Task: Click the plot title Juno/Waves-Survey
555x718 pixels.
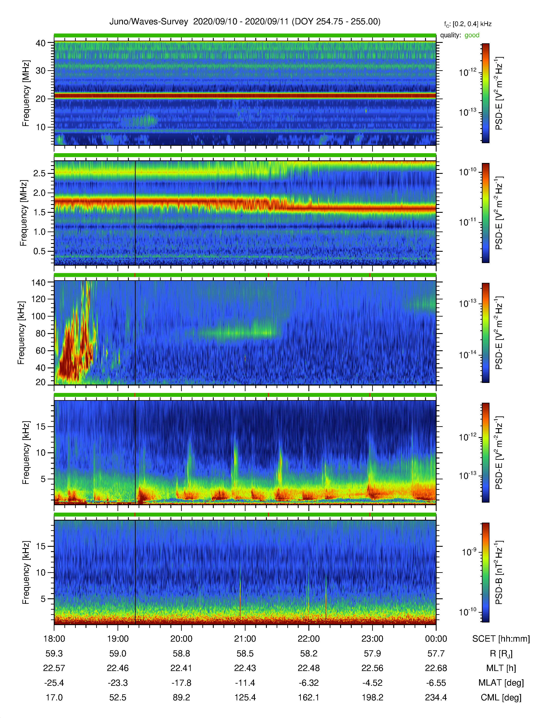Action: click(x=149, y=22)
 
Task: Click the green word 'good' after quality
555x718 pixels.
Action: click(x=472, y=35)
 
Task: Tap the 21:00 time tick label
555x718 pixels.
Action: click(x=245, y=639)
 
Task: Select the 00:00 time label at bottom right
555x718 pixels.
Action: click(x=436, y=639)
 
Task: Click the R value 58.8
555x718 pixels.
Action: click(x=182, y=654)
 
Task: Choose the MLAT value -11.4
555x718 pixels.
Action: click(x=245, y=683)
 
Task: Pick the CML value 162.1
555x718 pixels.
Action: click(x=309, y=698)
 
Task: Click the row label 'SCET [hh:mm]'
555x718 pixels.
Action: click(x=501, y=639)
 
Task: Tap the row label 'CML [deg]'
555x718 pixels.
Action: click(x=501, y=698)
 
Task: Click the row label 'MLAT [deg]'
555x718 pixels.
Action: click(x=501, y=683)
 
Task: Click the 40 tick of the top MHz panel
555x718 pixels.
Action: click(x=41, y=43)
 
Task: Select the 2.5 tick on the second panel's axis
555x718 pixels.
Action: click(x=39, y=173)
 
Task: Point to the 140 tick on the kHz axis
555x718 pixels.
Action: click(x=38, y=282)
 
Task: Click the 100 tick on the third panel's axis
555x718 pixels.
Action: click(x=38, y=316)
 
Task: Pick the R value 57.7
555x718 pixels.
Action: click(x=436, y=654)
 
